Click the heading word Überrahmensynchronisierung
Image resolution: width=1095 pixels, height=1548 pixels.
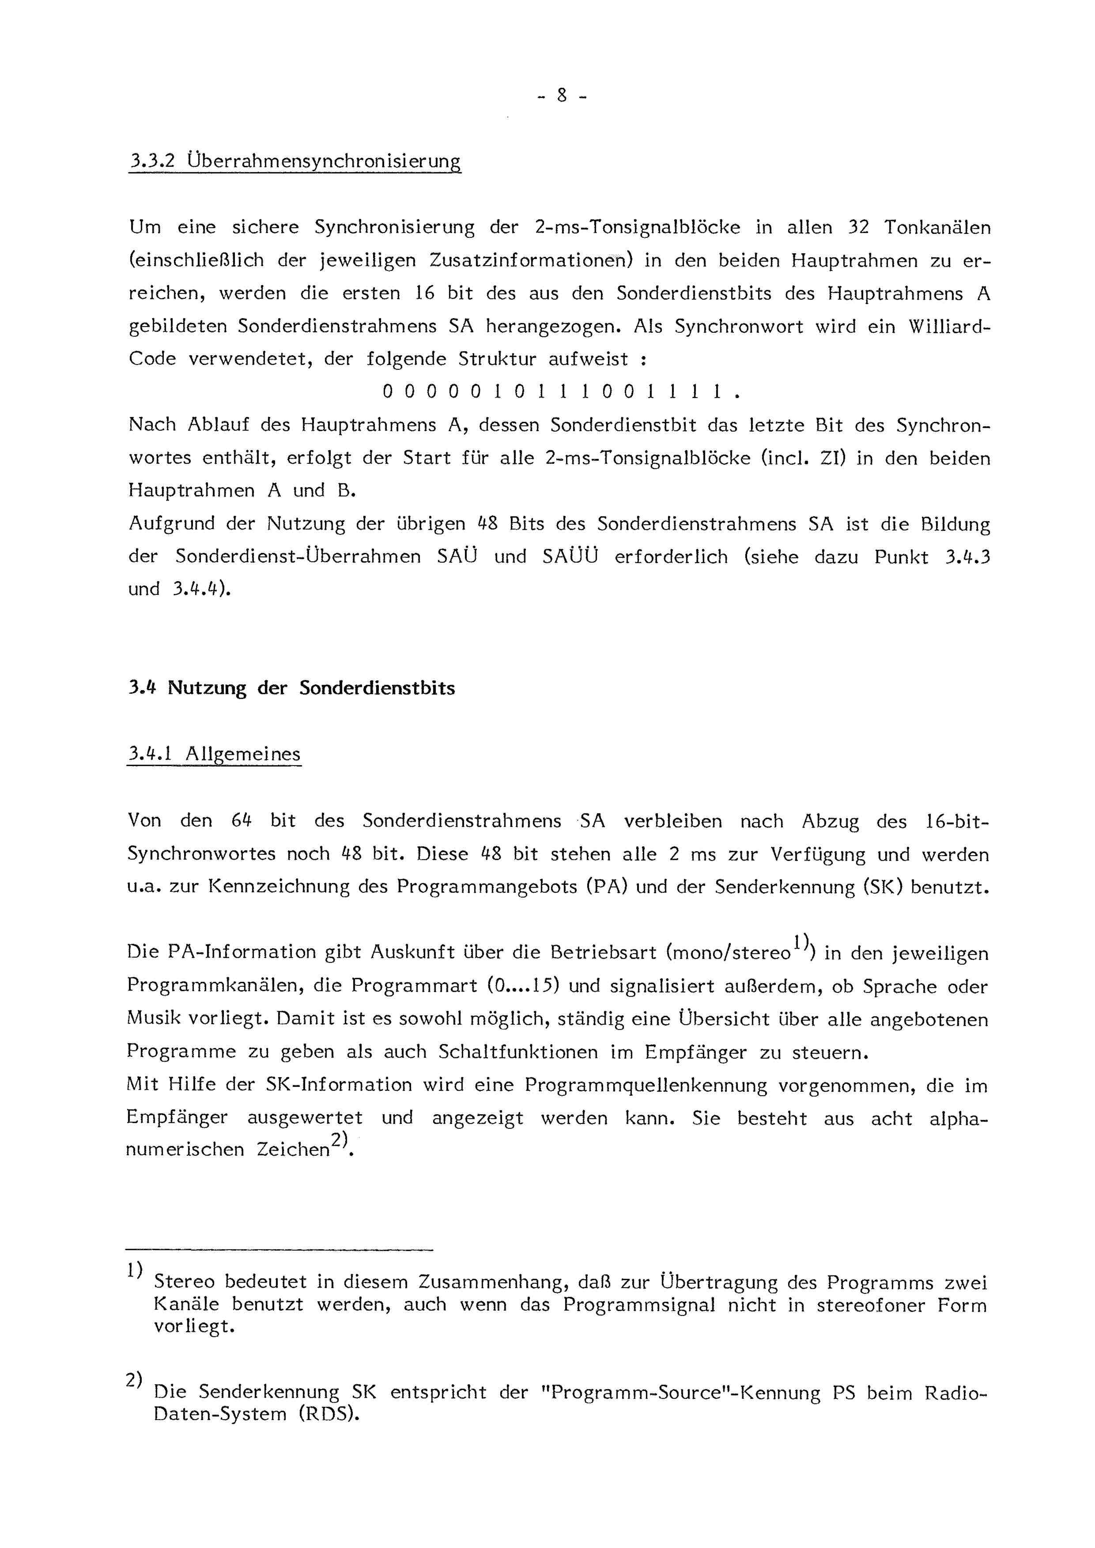324,162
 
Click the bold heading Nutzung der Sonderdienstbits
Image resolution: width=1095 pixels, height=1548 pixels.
311,688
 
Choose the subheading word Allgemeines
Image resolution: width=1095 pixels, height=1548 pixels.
243,754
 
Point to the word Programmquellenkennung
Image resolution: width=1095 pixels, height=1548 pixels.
646,1086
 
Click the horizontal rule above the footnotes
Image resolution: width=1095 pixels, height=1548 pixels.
279,1251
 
